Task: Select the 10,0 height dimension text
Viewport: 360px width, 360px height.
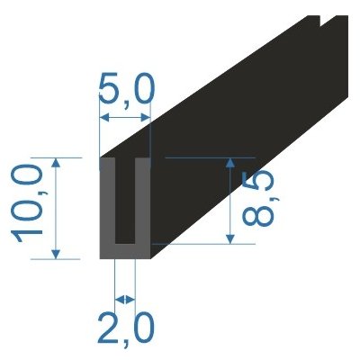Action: tap(29, 207)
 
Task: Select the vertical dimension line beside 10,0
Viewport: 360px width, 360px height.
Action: tap(58, 207)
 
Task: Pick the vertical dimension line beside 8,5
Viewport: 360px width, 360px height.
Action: tap(231, 200)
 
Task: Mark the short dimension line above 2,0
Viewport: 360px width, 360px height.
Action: tap(125, 298)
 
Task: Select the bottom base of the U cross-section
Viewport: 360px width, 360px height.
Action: tap(125, 251)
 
